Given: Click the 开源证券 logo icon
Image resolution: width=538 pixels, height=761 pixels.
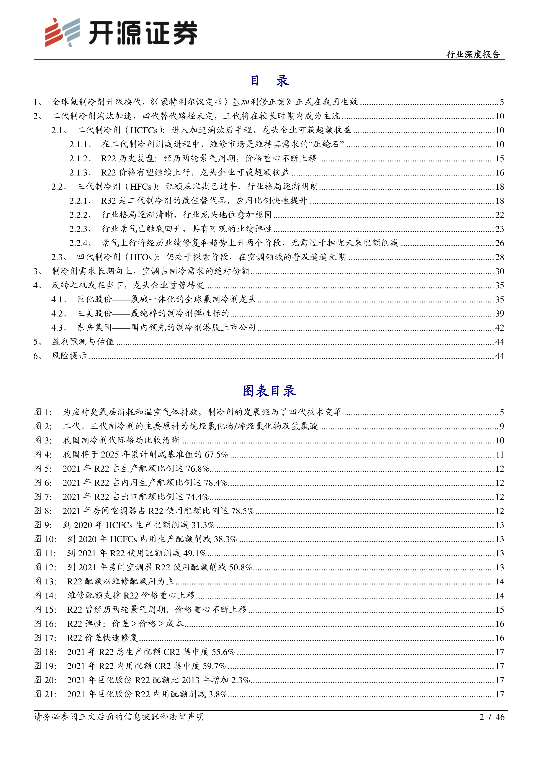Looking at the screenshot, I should (x=62, y=32).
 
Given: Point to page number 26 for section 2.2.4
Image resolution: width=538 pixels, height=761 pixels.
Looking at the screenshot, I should (x=500, y=243).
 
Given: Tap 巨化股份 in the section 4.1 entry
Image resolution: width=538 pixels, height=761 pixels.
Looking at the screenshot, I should (x=95, y=300).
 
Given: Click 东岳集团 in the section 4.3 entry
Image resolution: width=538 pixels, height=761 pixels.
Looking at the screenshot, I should (x=95, y=328).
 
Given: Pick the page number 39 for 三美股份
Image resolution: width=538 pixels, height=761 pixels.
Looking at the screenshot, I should (x=500, y=313).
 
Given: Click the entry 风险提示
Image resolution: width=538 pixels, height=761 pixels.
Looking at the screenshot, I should (x=69, y=356).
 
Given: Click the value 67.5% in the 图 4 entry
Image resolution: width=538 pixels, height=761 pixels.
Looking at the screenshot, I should (x=216, y=455).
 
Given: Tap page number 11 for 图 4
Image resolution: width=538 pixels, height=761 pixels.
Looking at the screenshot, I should (x=500, y=455).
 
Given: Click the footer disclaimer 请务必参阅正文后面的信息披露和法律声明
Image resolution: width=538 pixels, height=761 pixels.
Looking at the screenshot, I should (x=119, y=717).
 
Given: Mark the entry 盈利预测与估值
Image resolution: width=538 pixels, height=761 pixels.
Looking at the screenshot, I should (x=83, y=342).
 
